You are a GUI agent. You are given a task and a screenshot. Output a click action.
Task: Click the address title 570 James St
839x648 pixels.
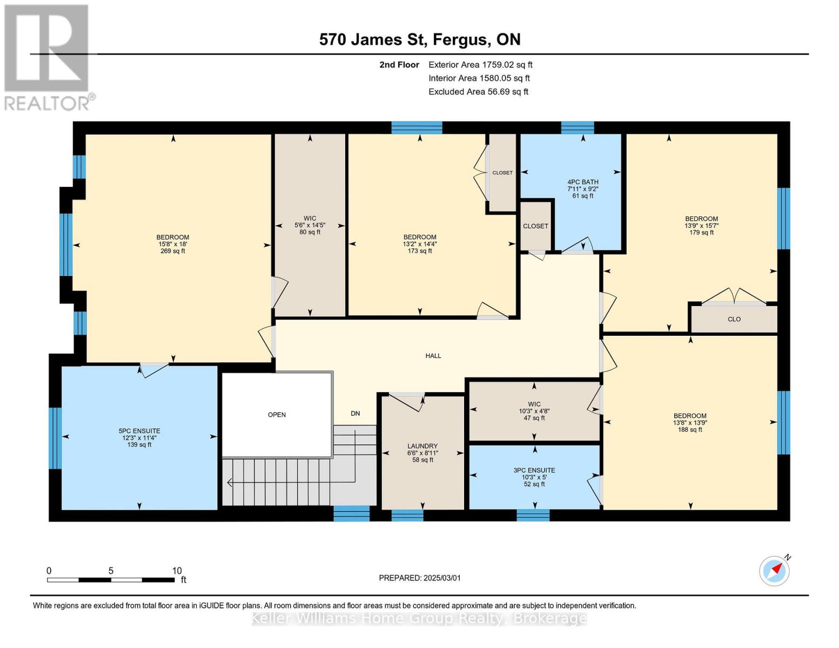(420, 39)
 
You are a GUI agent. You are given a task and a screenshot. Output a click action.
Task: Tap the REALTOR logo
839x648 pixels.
(47, 57)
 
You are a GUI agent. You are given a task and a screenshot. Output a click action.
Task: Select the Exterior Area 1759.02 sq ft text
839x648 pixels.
(480, 65)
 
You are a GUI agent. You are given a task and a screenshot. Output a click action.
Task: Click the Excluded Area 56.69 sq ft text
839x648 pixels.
(478, 92)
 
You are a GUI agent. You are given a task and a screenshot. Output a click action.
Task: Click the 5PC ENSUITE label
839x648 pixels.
(139, 437)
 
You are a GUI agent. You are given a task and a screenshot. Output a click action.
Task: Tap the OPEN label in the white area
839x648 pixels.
(277, 415)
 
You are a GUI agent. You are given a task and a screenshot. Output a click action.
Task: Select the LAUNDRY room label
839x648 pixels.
(422, 453)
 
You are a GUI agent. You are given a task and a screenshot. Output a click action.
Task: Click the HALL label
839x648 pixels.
(433, 356)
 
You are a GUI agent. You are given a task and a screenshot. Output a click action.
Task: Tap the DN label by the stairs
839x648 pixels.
(355, 414)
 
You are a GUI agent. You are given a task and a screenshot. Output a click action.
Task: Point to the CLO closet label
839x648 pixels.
(734, 319)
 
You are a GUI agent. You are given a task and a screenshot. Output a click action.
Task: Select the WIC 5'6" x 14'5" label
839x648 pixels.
(310, 225)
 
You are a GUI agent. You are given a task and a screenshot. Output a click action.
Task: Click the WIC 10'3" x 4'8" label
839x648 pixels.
(534, 411)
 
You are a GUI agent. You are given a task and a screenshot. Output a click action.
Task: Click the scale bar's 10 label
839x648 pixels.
(177, 571)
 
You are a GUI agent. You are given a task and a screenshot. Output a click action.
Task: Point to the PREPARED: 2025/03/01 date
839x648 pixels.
(420, 578)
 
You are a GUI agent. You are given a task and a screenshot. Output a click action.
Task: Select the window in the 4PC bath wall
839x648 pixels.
(577, 128)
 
